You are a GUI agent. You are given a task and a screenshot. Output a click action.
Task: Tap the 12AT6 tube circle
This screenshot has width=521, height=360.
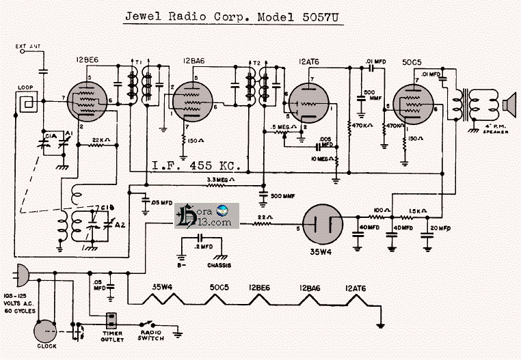tap(306, 103)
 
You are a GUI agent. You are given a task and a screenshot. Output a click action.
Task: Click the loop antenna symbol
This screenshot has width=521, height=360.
tap(27, 102)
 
